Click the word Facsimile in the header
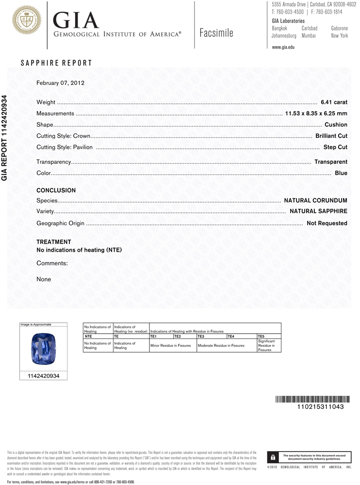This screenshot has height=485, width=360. point(216,33)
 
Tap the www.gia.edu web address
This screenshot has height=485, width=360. point(283,47)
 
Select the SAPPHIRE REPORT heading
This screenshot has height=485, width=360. point(56,63)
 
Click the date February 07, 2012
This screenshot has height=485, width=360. point(61,83)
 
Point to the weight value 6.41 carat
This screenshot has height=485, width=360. point(334,102)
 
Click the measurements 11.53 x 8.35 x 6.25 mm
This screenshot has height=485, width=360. point(316,113)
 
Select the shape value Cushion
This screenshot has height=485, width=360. point(336,125)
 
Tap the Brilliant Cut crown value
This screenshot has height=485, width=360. point(331,136)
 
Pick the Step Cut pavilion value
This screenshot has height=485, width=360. point(335,147)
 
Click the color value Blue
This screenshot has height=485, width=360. point(341,173)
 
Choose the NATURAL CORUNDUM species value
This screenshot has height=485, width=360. point(315,200)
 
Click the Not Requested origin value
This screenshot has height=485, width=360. point(327,223)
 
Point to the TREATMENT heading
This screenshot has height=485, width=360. point(54,242)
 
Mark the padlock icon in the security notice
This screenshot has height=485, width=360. point(273,457)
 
